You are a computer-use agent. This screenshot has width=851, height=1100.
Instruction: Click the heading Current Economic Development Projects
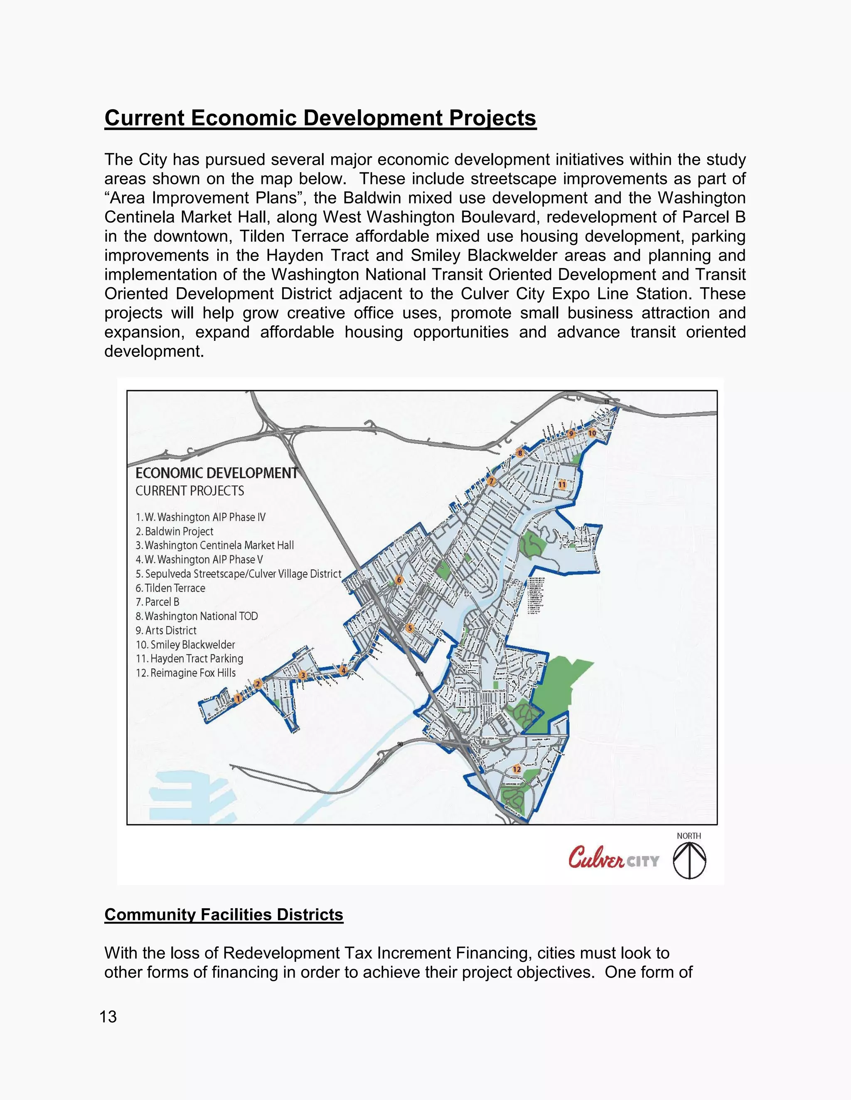[x=320, y=118]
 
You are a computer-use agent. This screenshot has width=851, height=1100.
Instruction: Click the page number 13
[x=108, y=1017]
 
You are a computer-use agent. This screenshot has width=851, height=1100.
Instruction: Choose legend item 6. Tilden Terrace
[x=170, y=588]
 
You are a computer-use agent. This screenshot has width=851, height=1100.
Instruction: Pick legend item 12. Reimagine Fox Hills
[x=185, y=673]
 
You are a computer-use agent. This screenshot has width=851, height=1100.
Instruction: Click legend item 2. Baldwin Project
[x=175, y=531]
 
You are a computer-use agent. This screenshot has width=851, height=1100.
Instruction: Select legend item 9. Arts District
[x=166, y=630]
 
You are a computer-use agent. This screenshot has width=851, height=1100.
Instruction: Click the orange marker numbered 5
[x=410, y=628]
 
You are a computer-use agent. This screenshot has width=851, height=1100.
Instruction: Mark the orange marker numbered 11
[x=562, y=484]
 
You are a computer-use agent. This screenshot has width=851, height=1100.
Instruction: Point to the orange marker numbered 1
[x=238, y=699]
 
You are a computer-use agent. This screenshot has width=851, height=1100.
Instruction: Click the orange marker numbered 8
[x=520, y=453]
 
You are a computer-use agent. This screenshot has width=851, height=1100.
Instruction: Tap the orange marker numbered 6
[x=399, y=580]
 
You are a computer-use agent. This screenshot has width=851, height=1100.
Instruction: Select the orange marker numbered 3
[x=303, y=675]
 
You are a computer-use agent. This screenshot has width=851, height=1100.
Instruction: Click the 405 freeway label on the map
[x=419, y=674]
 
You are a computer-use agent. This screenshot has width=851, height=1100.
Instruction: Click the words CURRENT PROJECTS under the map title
[x=189, y=491]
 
